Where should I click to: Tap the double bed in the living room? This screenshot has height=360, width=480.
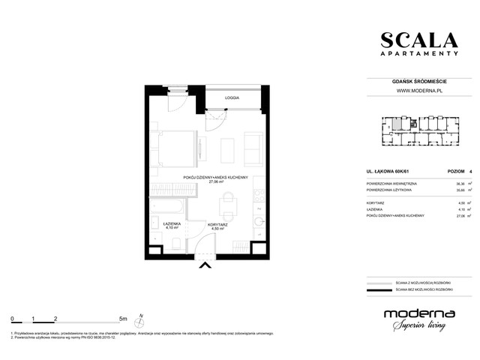(172, 148)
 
